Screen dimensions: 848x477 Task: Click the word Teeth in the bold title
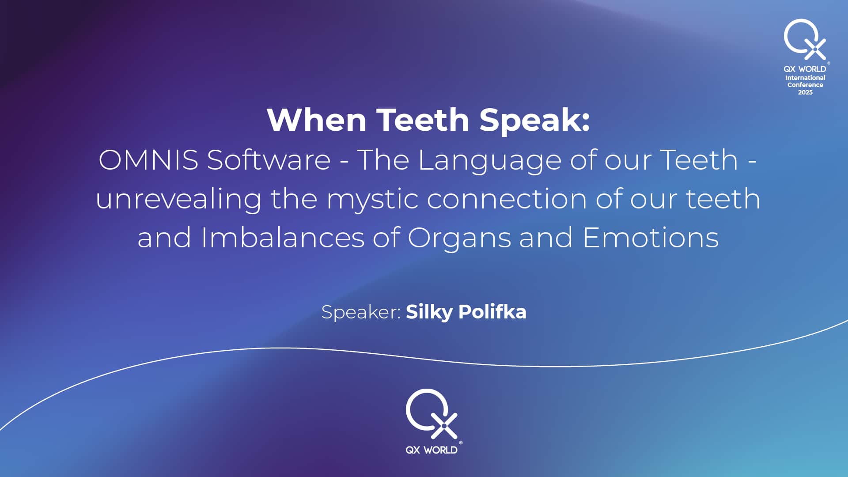coord(422,120)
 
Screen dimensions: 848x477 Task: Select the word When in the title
coord(316,120)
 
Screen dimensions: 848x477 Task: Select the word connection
coord(507,199)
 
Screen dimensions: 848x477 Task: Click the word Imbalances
coord(283,238)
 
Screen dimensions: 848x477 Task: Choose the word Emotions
coord(651,238)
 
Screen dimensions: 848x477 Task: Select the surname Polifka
coord(492,312)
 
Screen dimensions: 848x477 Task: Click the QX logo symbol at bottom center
coord(432,413)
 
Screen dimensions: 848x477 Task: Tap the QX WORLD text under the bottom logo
coord(432,450)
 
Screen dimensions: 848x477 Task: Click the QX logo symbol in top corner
coord(805,39)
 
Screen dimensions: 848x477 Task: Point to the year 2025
coord(805,92)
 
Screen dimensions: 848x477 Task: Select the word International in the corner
coord(805,78)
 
